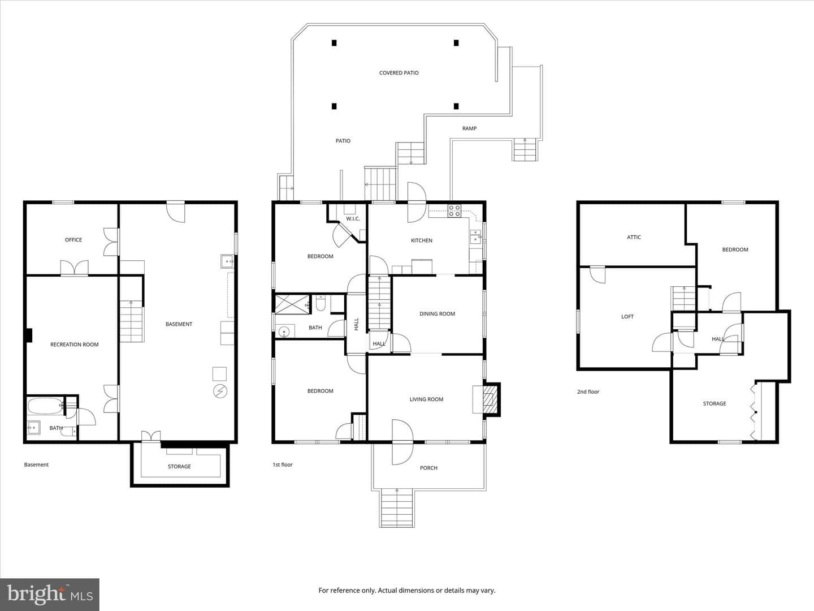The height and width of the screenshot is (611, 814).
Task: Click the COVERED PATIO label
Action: (399, 73)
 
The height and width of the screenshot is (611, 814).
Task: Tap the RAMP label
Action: (469, 128)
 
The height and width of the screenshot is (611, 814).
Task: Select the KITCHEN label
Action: (422, 240)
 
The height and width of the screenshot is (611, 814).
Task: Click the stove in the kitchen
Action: (454, 210)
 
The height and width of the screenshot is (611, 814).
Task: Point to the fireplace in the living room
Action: (491, 399)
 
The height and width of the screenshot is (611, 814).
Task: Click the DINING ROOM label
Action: (437, 314)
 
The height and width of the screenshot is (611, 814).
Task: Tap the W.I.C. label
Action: (353, 219)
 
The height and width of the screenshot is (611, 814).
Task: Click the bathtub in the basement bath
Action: (45, 406)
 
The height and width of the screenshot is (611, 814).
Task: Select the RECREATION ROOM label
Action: (75, 345)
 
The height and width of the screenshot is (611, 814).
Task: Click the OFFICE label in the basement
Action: (73, 240)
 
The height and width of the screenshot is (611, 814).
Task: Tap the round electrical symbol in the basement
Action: (220, 391)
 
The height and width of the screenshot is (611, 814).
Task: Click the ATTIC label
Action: (634, 238)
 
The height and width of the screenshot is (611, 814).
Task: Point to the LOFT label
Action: (627, 317)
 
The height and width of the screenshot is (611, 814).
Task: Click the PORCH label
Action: (428, 468)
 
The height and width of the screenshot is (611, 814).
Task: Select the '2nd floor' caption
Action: (588, 391)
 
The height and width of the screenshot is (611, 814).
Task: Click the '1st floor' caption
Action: (283, 465)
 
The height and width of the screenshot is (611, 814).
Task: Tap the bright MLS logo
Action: (50, 594)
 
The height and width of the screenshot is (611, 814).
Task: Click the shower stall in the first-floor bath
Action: (292, 304)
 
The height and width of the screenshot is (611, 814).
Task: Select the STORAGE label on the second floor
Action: (715, 403)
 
